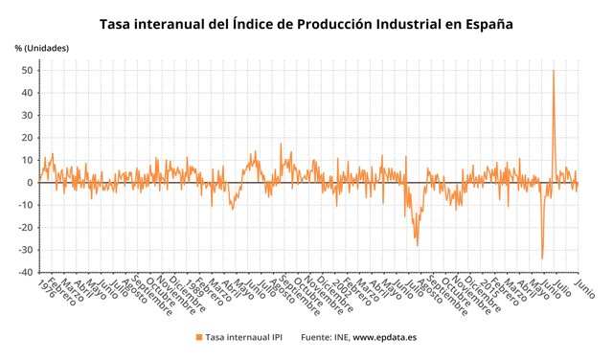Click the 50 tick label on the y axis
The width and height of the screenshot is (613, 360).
31,71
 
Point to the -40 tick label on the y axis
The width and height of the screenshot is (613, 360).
29,272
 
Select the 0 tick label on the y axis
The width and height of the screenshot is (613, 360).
34,183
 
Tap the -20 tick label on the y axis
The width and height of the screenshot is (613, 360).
29,228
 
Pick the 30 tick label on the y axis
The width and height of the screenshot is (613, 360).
31,116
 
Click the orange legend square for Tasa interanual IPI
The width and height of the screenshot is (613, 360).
199,337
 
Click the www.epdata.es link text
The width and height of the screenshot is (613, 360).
385,337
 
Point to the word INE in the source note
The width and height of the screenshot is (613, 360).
340,337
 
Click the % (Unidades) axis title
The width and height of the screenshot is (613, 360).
42,47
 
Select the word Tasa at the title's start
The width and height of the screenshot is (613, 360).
120,21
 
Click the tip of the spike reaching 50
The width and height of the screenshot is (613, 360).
554,71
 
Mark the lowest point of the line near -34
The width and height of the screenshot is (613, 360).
542,259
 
